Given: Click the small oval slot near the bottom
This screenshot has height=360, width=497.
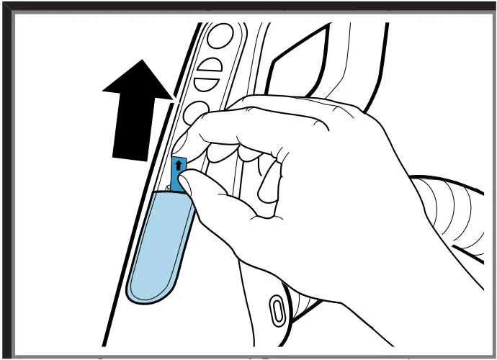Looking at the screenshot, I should (276, 310).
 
